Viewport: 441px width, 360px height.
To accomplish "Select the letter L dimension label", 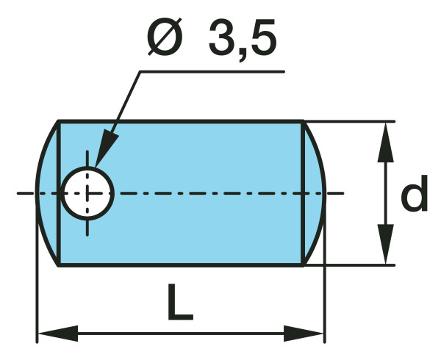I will click(x=179, y=302).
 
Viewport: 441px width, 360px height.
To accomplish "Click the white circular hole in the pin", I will click(x=87, y=193).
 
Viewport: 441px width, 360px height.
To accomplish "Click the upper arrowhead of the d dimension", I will click(x=384, y=136).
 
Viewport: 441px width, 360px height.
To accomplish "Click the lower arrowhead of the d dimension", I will click(x=384, y=250).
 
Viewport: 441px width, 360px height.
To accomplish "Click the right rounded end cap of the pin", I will click(x=314, y=192).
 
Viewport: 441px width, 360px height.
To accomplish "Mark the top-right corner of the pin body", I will click(x=303, y=122).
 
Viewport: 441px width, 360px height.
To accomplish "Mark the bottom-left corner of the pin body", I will click(x=59, y=264).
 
